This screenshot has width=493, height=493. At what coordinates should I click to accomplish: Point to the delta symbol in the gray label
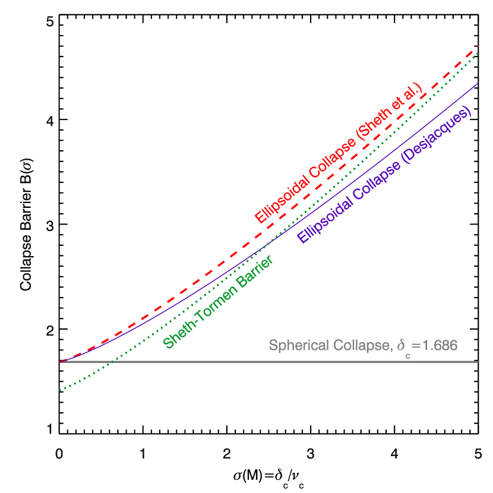click(402, 345)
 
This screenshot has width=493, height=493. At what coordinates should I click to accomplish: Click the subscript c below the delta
click(408, 355)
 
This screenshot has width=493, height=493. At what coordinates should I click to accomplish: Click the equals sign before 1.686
click(415, 346)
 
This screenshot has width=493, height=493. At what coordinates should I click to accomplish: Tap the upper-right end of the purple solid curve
click(478, 84)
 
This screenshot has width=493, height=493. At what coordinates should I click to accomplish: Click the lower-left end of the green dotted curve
click(60, 390)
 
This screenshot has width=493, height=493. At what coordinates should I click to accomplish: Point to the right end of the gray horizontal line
click(478, 362)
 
